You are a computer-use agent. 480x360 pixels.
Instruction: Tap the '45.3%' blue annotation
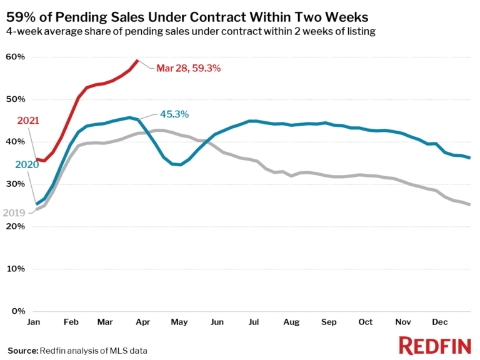174,114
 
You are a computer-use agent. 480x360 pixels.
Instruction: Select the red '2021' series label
28,120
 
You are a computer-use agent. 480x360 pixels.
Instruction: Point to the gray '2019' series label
13,213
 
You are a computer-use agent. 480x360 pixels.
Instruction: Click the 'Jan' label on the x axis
34,322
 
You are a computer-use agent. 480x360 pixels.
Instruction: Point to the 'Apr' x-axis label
142,322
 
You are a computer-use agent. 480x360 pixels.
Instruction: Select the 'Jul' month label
254,322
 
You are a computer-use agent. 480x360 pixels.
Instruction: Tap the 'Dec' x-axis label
441,322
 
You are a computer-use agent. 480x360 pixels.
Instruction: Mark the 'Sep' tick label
329,322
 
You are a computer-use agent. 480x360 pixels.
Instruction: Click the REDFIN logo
435,345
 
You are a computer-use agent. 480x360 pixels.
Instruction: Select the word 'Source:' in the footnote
22,351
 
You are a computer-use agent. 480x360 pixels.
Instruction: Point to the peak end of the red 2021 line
137,61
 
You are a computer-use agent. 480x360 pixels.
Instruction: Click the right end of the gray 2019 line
469,204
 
